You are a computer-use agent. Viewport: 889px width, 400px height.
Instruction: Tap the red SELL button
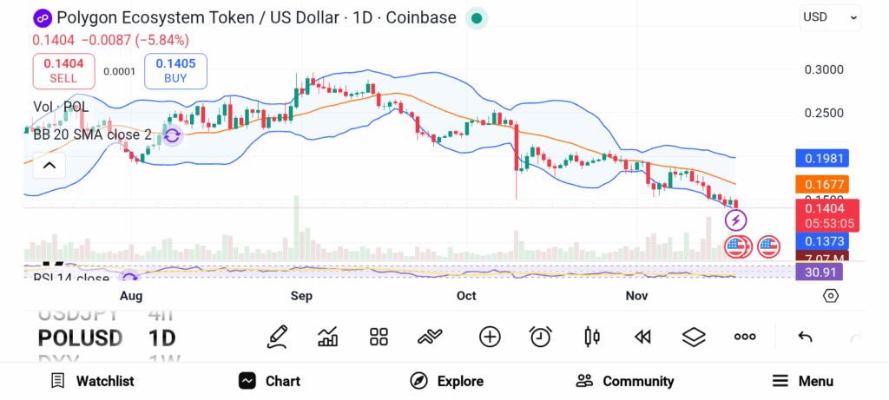(x=63, y=70)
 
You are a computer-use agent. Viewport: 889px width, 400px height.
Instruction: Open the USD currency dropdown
(x=829, y=16)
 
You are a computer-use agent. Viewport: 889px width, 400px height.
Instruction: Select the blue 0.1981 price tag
(x=820, y=158)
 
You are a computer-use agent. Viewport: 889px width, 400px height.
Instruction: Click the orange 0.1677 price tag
(x=820, y=184)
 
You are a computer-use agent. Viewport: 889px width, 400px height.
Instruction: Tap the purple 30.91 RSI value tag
(x=819, y=272)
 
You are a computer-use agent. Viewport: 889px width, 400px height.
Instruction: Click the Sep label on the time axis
(x=301, y=296)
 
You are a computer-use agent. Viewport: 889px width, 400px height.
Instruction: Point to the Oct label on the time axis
(x=466, y=296)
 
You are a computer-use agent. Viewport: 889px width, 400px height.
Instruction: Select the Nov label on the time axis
(x=637, y=296)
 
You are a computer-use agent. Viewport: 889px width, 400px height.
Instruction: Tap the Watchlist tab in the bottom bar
(x=92, y=381)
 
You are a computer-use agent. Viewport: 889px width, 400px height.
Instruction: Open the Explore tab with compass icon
(x=446, y=381)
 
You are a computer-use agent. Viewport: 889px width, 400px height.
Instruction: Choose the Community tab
(x=625, y=381)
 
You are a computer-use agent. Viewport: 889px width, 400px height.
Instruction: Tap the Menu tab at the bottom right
(x=803, y=381)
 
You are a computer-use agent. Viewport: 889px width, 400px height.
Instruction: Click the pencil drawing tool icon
(x=278, y=337)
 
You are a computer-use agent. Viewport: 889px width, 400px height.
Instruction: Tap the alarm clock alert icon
(x=541, y=337)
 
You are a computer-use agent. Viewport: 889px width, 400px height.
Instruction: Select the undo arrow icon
(x=805, y=337)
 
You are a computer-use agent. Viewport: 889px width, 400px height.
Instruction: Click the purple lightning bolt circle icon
(x=735, y=220)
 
